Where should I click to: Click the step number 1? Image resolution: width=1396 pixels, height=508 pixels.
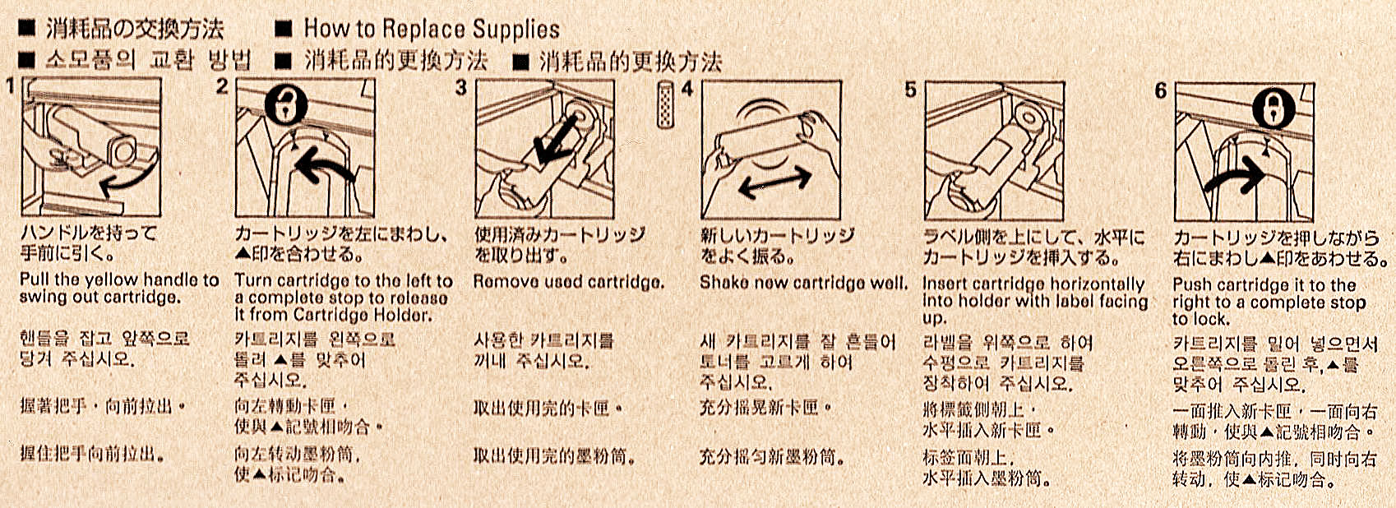9,85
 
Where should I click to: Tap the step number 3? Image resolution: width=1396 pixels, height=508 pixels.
460,88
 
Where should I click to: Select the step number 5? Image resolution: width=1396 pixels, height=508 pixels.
910,90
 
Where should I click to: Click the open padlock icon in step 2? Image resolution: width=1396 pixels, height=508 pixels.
286,104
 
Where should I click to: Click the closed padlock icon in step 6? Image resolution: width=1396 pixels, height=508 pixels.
1274,108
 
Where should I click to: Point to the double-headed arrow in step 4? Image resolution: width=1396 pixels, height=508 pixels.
774,184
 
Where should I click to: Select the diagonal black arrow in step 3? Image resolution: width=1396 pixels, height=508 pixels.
554,143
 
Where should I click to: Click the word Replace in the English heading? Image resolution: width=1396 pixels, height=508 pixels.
422,30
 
